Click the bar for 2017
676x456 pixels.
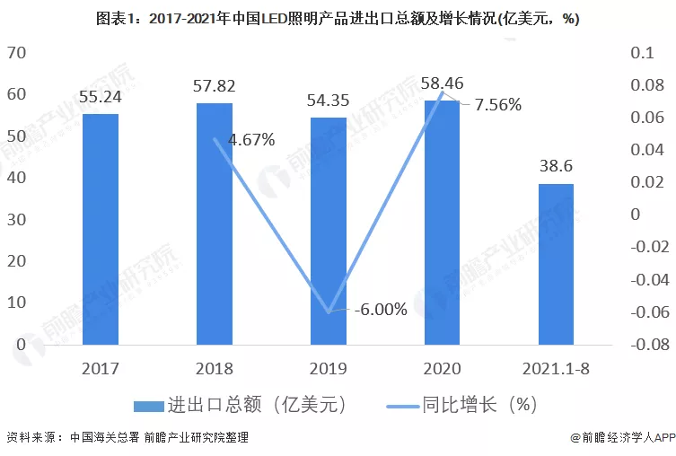point(101,229)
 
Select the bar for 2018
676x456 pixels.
point(215,224)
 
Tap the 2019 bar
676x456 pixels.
point(328,231)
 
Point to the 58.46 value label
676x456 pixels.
point(442,84)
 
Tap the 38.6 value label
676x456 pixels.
point(555,168)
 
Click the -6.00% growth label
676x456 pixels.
point(380,310)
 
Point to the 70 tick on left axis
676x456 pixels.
point(17,53)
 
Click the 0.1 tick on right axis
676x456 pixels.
point(641,53)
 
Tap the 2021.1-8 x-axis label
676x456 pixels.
point(555,369)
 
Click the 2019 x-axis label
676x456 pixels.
point(328,369)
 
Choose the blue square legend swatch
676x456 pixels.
point(147,405)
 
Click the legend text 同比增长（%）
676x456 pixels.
point(486,405)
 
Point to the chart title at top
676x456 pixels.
point(338,19)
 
